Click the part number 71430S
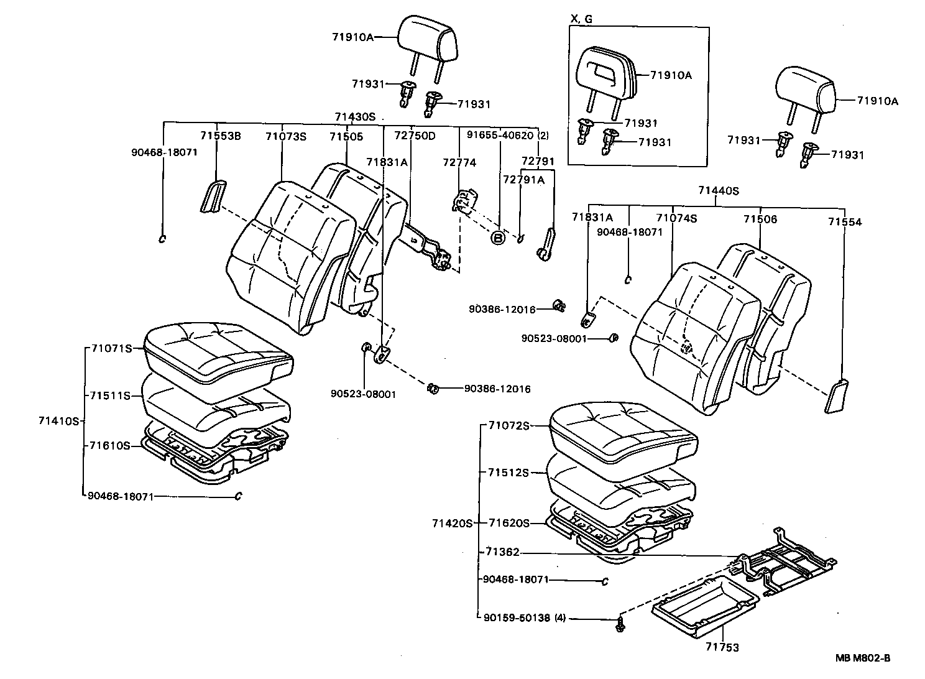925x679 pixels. (x=355, y=116)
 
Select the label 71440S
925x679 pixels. (x=718, y=191)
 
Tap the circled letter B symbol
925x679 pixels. (x=498, y=238)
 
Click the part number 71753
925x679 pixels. (x=722, y=647)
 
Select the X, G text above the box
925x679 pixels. (x=581, y=19)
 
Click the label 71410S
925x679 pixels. (x=59, y=421)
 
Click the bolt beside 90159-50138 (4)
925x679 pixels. (x=620, y=624)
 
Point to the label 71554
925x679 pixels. (x=844, y=221)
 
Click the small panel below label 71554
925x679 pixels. (x=837, y=396)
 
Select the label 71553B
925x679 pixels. (x=220, y=136)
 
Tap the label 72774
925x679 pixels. (x=459, y=162)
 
